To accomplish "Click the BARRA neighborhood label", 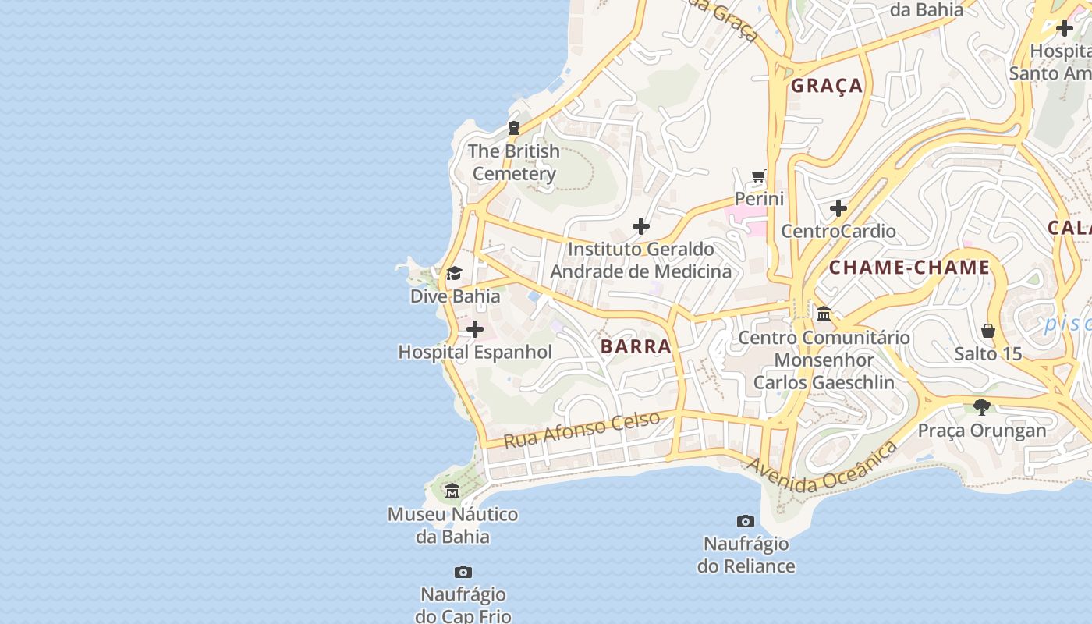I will [636, 346].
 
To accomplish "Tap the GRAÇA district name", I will [827, 86].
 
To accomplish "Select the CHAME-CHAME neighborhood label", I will [909, 268].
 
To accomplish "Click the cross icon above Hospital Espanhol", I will [474, 329].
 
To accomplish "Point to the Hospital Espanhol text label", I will [475, 352].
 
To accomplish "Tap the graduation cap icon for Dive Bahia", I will [454, 273].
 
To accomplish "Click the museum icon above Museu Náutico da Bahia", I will [452, 491].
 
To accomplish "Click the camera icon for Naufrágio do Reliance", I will [746, 521].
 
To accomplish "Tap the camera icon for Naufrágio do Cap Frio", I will [463, 572].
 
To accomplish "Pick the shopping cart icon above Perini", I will [759, 175].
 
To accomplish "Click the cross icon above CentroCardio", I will [838, 208].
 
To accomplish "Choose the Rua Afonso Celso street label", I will [581, 430].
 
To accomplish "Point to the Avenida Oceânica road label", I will [822, 469].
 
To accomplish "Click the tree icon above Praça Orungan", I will [982, 406].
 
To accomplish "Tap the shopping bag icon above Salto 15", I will [988, 331].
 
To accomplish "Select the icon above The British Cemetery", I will [514, 128].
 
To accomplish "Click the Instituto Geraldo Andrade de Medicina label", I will [640, 260].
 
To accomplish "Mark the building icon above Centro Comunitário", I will [824, 314].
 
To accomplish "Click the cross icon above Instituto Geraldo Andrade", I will [641, 226].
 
